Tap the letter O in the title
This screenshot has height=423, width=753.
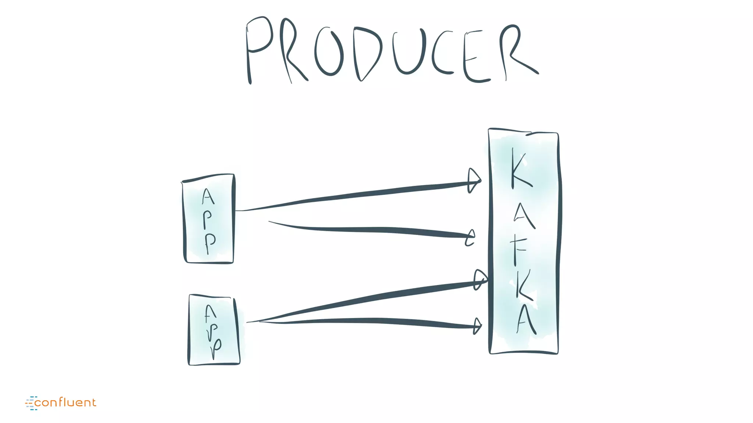click(329, 53)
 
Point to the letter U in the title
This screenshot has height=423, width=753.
click(408, 51)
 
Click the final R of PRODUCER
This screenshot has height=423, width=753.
click(515, 51)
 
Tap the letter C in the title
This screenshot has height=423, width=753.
click(441, 53)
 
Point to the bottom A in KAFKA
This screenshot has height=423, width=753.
click(526, 319)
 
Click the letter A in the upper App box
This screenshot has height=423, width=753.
click(208, 196)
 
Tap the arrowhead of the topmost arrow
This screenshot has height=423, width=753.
click(474, 181)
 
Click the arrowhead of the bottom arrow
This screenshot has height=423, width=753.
click(477, 326)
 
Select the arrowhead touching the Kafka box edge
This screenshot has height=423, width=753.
click(480, 280)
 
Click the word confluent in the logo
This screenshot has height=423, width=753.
click(65, 403)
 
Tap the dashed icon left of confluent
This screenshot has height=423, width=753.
click(31, 403)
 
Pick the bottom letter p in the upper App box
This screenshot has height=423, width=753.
click(210, 242)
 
